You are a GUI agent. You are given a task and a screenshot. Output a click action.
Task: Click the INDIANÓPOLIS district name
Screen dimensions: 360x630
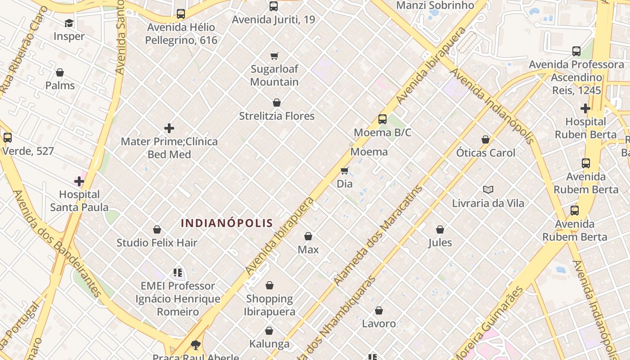pyautogui.click(x=227, y=223)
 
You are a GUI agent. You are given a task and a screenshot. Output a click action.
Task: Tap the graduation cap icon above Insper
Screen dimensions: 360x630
pyautogui.click(x=69, y=23)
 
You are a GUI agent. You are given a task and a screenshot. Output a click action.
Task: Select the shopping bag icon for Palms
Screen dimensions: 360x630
pyautogui.click(x=60, y=72)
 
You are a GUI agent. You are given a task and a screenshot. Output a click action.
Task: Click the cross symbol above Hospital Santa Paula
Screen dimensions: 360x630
pyautogui.click(x=79, y=181)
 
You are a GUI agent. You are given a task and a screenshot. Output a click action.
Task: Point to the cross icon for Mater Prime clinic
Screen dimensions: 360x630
pyautogui.click(x=169, y=128)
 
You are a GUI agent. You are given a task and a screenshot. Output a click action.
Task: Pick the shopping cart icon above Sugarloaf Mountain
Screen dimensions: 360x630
pyautogui.click(x=274, y=56)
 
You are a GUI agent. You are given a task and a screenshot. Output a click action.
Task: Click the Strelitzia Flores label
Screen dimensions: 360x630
pyautogui.click(x=277, y=116)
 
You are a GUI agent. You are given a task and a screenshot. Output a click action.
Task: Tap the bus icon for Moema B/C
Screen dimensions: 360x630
pyautogui.click(x=382, y=119)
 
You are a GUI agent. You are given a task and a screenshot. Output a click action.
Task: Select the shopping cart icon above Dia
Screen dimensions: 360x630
pyautogui.click(x=345, y=171)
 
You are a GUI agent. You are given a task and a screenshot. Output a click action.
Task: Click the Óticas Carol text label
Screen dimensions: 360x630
pyautogui.click(x=486, y=153)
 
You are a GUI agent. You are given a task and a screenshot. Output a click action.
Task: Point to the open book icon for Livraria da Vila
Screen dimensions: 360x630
pyautogui.click(x=488, y=190)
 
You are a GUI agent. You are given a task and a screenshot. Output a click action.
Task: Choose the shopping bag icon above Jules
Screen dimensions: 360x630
pyautogui.click(x=440, y=229)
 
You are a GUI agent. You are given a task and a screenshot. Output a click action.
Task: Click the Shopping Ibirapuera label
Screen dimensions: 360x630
pyautogui.click(x=270, y=305)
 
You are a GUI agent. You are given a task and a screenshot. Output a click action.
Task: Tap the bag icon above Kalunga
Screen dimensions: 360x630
pyautogui.click(x=269, y=331)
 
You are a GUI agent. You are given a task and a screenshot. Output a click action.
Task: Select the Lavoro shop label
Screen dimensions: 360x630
pyautogui.click(x=379, y=324)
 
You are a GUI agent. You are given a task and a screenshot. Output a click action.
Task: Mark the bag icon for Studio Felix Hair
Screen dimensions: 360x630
pyautogui.click(x=157, y=230)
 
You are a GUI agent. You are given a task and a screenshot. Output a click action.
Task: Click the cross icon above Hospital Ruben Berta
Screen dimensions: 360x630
pyautogui.click(x=585, y=108)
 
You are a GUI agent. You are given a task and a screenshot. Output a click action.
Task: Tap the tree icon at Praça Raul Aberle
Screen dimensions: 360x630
pyautogui.click(x=196, y=345)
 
